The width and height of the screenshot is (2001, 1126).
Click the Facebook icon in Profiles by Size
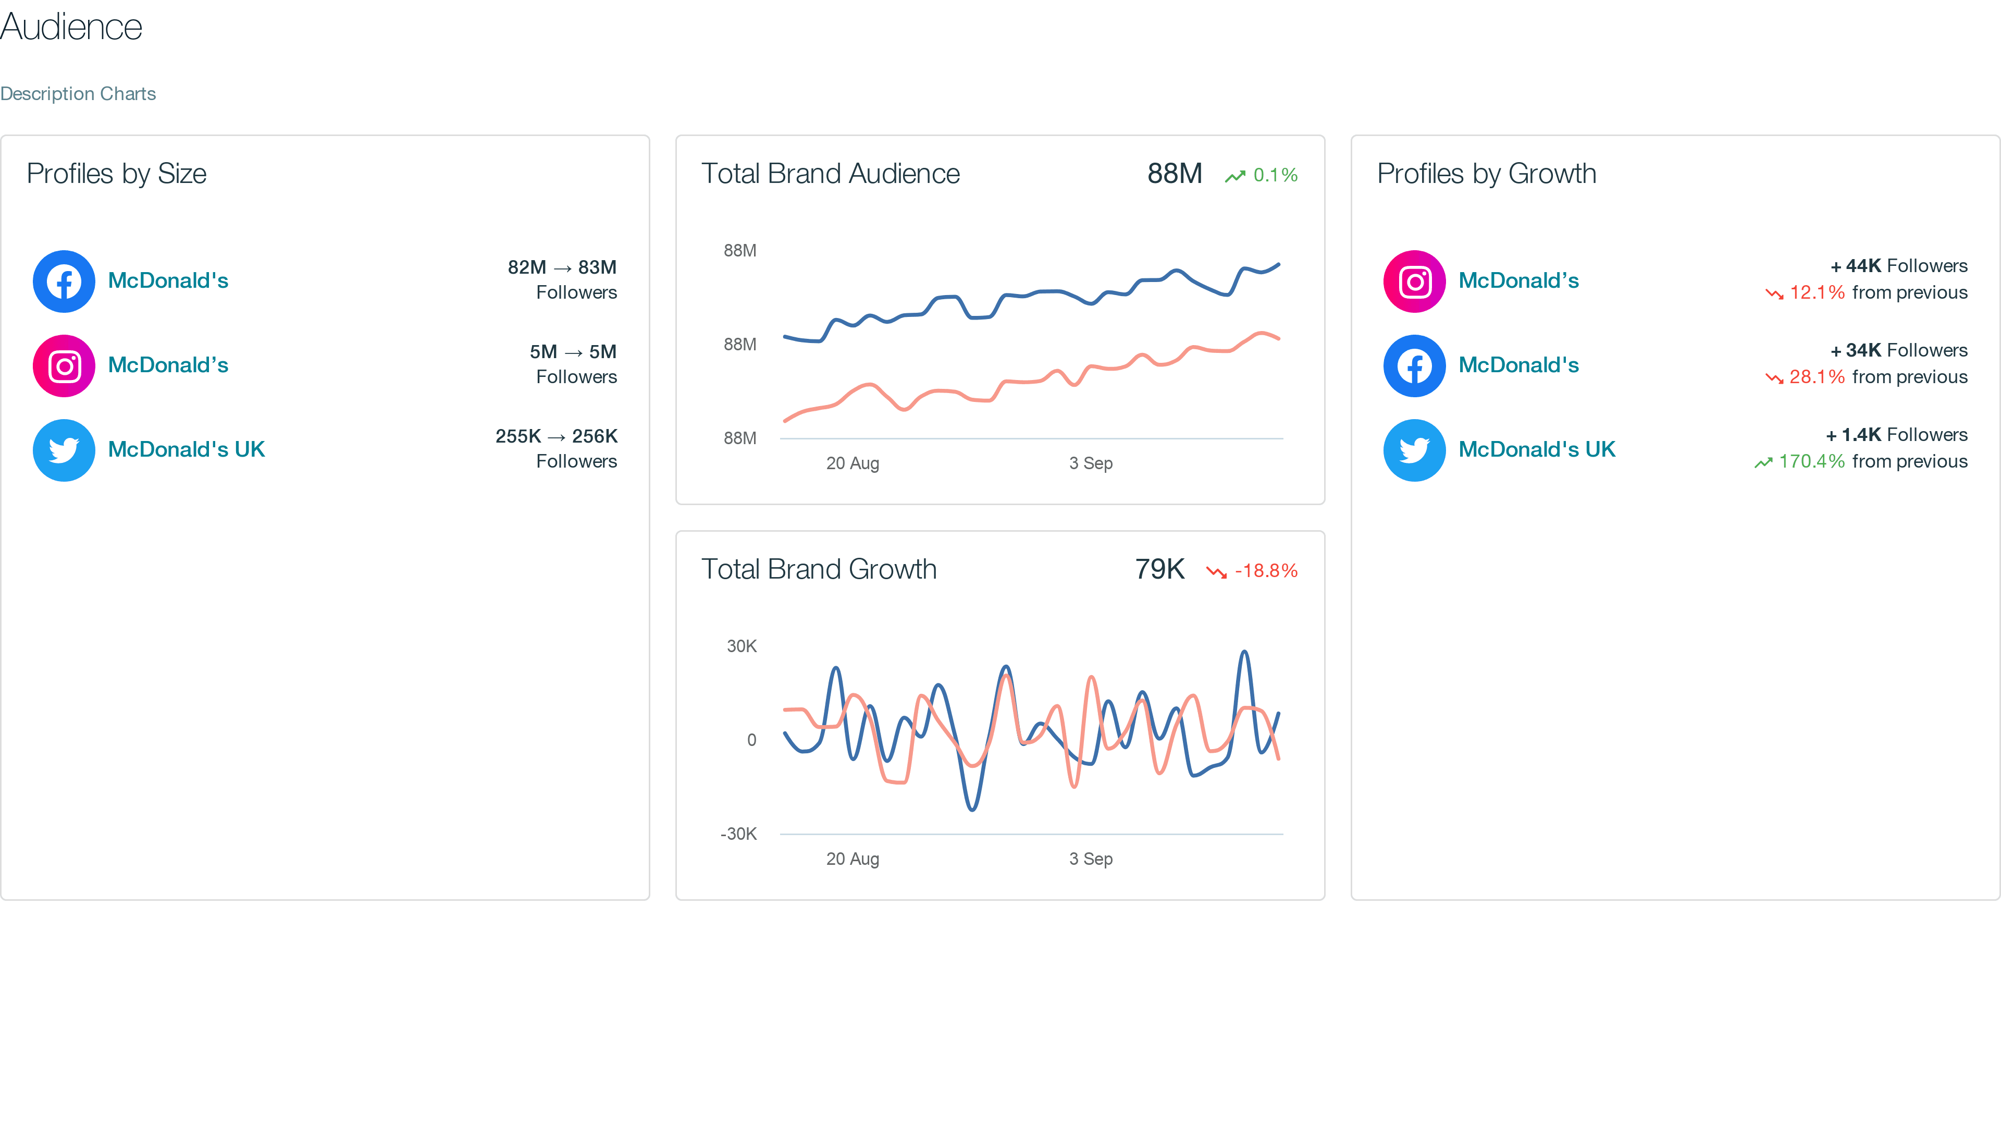click(64, 281)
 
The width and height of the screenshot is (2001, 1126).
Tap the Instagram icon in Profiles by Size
click(64, 366)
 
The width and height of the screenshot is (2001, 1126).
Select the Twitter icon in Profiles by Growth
click(1415, 450)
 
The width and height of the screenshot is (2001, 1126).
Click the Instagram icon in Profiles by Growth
click(1415, 281)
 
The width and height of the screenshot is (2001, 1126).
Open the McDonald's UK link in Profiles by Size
click(187, 449)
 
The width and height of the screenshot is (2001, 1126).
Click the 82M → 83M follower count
click(562, 267)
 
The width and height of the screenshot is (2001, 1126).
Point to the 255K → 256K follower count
click(556, 436)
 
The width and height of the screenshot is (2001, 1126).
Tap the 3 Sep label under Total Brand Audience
click(1091, 463)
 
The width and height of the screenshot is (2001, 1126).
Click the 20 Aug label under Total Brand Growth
click(852, 859)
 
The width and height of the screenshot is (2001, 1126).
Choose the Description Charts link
click(78, 94)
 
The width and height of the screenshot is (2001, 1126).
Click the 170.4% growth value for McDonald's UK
click(1811, 461)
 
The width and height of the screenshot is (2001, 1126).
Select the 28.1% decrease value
click(1816, 377)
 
